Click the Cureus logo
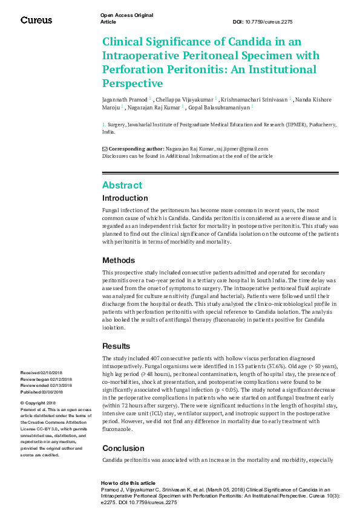pyautogui.click(x=36, y=20)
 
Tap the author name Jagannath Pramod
pyautogui.click(x=124, y=99)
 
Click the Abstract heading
pyautogui.click(x=122, y=185)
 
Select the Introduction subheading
pyautogui.click(x=125, y=198)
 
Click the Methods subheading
pyautogui.click(x=119, y=260)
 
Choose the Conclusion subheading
pyautogui.click(x=123, y=449)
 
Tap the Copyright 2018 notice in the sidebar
pyautogui.click(x=38, y=403)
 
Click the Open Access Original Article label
pyautogui.click(x=126, y=18)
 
